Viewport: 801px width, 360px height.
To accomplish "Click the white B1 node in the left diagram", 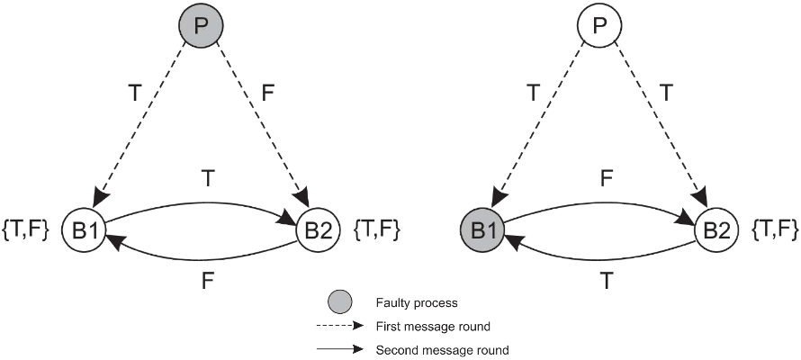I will (84, 231).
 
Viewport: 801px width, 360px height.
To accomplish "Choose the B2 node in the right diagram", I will (716, 231).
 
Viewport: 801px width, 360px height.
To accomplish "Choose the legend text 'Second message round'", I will (445, 348).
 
